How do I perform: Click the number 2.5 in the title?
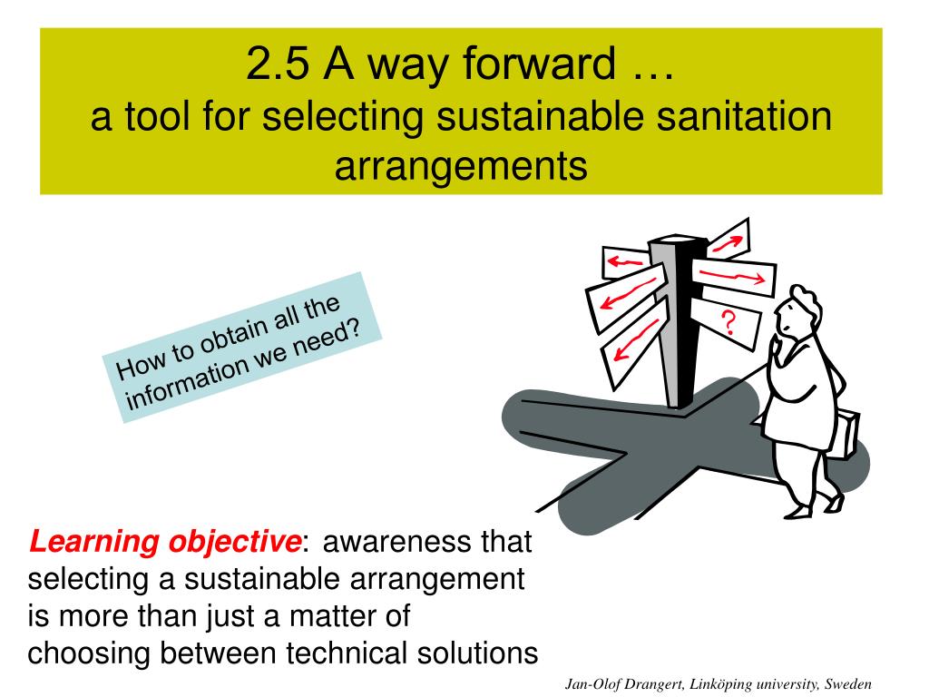(278, 64)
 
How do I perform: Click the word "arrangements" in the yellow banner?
(461, 167)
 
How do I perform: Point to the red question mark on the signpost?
(729, 322)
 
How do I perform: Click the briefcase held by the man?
(848, 434)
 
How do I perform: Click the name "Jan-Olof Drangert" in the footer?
(624, 684)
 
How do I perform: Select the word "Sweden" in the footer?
(848, 683)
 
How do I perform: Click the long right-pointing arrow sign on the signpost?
(733, 276)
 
